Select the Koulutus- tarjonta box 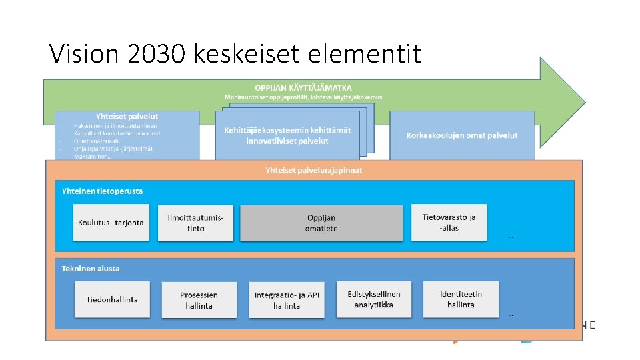coord(111,223)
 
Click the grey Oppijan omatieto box coord(321,223)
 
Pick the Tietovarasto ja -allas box coord(449,223)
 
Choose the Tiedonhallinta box coord(112,299)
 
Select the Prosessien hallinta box coord(199,300)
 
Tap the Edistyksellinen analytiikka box coord(374,299)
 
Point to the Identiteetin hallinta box coord(461,299)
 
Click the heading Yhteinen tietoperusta coord(102,191)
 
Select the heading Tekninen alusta coord(91,269)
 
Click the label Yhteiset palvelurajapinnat coord(313,170)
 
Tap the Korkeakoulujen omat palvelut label coord(461,135)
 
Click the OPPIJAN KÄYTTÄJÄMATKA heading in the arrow coord(303,87)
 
